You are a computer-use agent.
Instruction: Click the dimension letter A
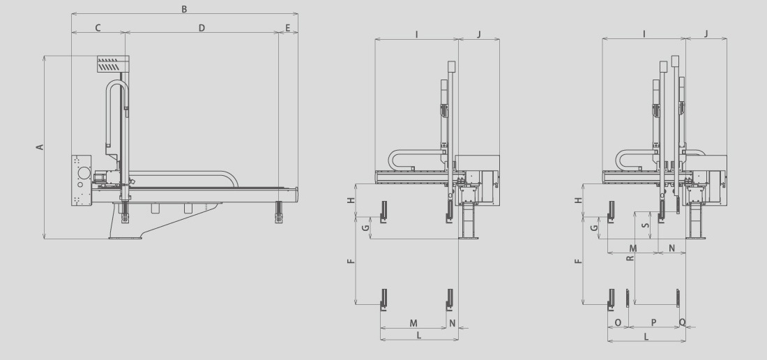(x=40, y=147)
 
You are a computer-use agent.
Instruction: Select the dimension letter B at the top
(x=184, y=9)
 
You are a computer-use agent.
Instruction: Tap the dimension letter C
(x=98, y=28)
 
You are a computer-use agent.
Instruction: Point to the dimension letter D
(x=202, y=28)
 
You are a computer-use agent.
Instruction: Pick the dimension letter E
(x=287, y=28)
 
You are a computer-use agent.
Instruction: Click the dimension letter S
(x=646, y=226)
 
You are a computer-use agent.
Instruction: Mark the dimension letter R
(x=630, y=257)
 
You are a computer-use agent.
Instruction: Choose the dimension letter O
(x=618, y=323)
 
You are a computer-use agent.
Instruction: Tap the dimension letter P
(x=653, y=323)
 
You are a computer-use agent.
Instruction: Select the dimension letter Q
(x=683, y=322)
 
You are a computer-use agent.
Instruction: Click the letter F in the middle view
(x=351, y=261)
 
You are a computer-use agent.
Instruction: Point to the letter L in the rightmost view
(x=646, y=336)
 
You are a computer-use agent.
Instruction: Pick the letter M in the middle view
(x=413, y=323)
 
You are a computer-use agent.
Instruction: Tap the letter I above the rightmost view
(x=644, y=33)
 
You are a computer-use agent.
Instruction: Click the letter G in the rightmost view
(x=594, y=228)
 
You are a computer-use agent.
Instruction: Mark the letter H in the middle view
(x=351, y=200)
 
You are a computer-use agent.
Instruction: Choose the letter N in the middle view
(x=453, y=323)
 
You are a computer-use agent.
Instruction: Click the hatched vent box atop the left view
(x=113, y=64)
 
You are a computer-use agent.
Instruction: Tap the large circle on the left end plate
(x=84, y=172)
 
